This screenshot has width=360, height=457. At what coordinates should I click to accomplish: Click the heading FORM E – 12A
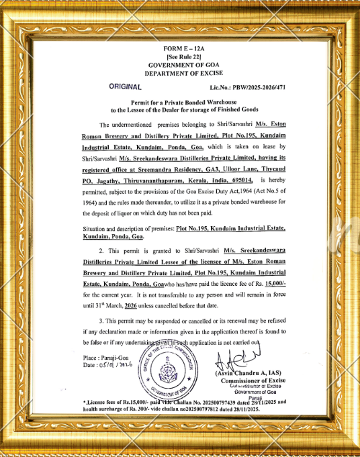179,50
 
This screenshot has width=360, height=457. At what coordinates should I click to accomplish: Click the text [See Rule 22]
179,58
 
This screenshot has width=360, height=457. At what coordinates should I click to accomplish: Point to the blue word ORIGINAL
125,87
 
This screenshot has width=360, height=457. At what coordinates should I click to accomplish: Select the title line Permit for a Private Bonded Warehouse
179,101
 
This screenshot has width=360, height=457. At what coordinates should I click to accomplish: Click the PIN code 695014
240,181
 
